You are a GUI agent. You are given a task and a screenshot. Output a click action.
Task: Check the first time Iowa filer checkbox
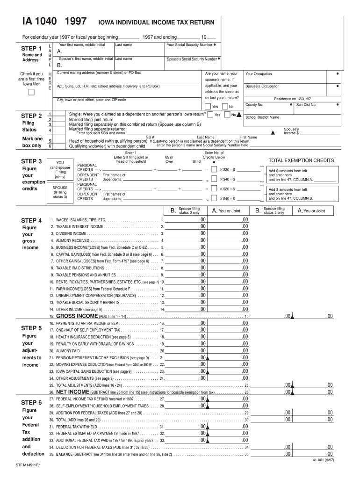(x=31, y=92)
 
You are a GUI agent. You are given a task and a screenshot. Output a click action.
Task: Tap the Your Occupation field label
(x=259, y=74)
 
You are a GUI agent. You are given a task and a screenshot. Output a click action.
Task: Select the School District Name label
(x=262, y=117)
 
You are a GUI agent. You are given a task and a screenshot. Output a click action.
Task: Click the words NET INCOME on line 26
(x=72, y=392)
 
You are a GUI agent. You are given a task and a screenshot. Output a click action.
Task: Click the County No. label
(x=254, y=105)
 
